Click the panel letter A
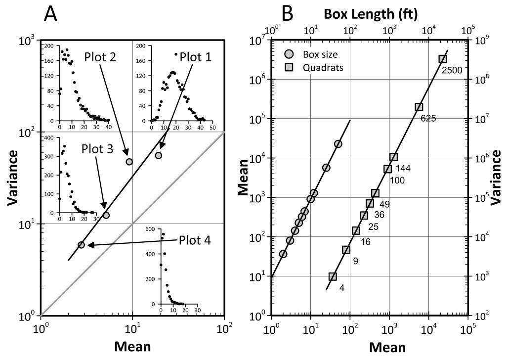click(x=51, y=15)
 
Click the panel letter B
click(x=287, y=15)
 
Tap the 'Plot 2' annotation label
click(x=100, y=56)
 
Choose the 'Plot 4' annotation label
click(x=195, y=240)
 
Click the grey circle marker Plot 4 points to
click(x=81, y=245)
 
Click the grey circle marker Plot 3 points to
click(x=106, y=215)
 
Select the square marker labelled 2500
click(x=443, y=59)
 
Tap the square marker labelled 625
click(x=419, y=107)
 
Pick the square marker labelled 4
click(x=333, y=276)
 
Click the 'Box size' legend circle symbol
click(x=289, y=54)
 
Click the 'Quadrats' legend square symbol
click(x=289, y=67)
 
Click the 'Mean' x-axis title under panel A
click(x=132, y=346)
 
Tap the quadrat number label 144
click(x=403, y=169)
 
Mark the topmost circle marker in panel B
click(x=338, y=143)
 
